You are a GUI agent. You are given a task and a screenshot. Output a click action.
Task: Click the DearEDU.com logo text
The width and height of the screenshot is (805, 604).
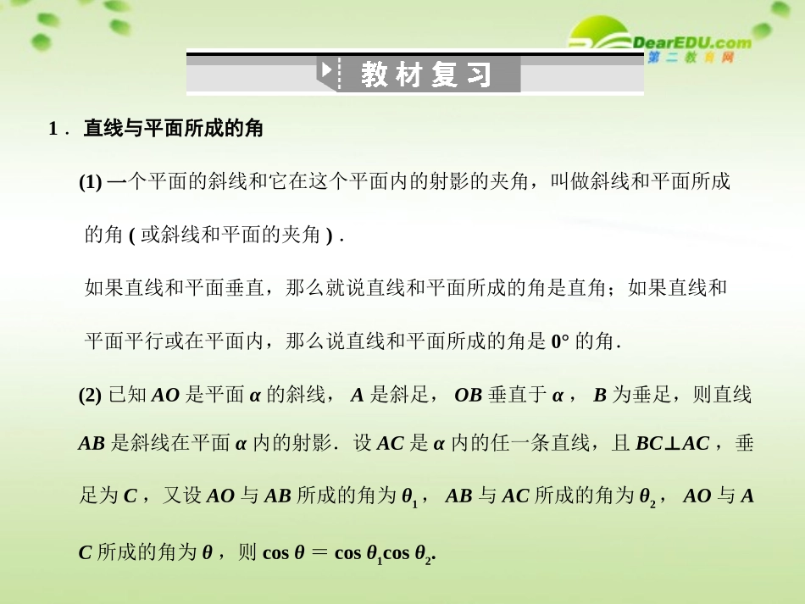click(691, 42)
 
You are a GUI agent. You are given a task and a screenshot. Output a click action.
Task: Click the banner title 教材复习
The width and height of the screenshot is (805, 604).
click(426, 75)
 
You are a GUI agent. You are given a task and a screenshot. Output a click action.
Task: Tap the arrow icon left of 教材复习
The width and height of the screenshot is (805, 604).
click(326, 71)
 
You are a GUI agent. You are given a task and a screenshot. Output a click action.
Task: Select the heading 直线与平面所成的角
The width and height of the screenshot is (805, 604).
click(173, 129)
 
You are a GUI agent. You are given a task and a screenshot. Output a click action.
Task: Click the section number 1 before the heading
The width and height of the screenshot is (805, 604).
click(53, 129)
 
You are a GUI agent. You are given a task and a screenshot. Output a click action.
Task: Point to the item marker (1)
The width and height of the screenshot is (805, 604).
click(91, 181)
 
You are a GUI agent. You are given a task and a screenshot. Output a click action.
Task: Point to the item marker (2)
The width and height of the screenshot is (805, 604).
click(91, 395)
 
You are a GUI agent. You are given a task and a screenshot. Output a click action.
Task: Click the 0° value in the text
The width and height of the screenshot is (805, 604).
click(560, 342)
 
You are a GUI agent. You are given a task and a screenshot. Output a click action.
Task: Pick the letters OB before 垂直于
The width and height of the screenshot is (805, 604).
click(468, 395)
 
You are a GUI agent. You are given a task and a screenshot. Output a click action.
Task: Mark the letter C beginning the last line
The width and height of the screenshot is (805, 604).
click(85, 552)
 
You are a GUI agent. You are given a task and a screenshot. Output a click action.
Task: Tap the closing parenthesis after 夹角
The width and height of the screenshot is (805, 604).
click(329, 235)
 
